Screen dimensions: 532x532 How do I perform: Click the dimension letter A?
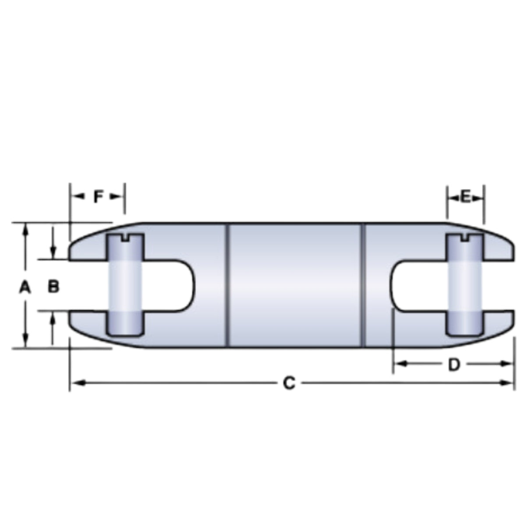pos(25,287)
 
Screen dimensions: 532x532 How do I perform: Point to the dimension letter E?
pos(465,197)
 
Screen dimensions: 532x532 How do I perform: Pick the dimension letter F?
pos(98,197)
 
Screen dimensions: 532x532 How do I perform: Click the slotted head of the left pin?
pos(126,240)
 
